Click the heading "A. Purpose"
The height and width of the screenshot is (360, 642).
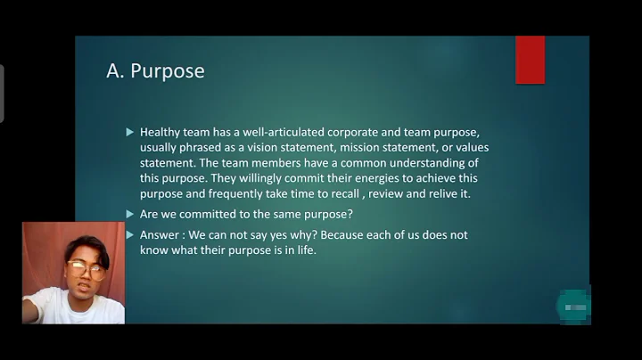(155, 71)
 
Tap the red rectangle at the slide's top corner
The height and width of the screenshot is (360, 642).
(530, 60)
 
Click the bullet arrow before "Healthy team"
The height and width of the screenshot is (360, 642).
(130, 132)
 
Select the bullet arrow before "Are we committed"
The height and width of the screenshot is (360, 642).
(130, 214)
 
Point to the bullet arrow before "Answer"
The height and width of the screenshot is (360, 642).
(130, 234)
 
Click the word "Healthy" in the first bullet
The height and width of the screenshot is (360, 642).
(161, 132)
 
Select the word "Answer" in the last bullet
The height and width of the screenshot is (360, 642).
(161, 234)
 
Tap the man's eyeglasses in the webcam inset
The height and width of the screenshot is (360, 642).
(83, 267)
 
